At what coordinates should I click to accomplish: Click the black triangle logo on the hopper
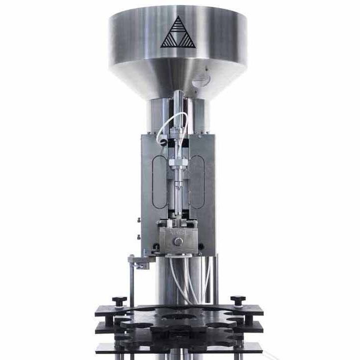tap(178, 33)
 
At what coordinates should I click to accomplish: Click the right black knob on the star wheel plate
tap(238, 301)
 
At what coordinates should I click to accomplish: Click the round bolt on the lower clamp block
tap(178, 242)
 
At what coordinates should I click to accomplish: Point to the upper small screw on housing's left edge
tap(138, 220)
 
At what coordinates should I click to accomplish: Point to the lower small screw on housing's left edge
tap(138, 236)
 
